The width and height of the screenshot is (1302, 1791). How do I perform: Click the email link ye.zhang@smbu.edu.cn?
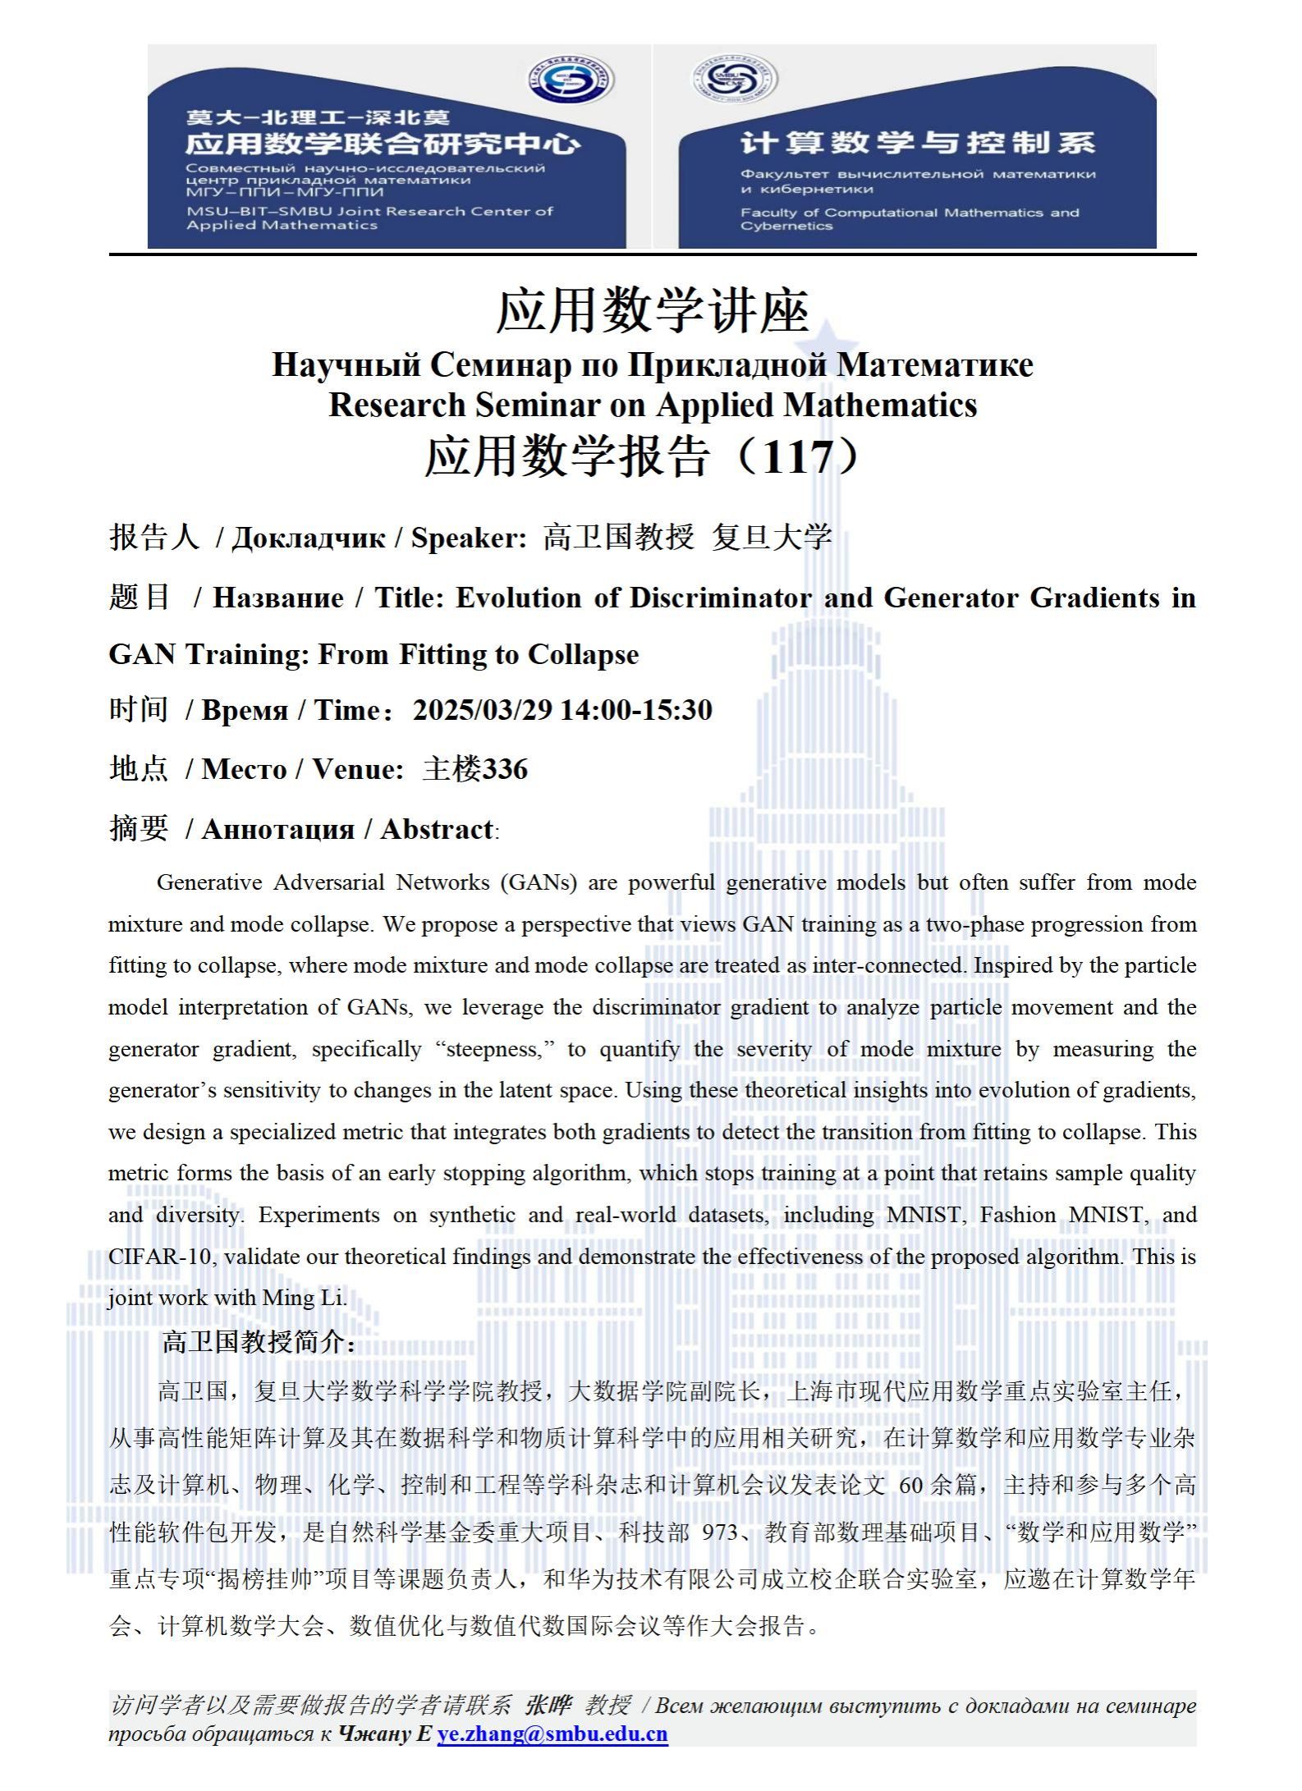tap(552, 1733)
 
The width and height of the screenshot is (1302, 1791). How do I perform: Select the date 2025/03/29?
tap(482, 710)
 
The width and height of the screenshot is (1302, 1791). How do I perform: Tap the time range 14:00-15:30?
tap(636, 710)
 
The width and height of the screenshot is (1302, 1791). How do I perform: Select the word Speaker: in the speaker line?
tap(468, 538)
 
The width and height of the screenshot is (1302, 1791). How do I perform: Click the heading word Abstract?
tap(437, 829)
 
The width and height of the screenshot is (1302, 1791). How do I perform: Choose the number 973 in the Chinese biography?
tap(720, 1532)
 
